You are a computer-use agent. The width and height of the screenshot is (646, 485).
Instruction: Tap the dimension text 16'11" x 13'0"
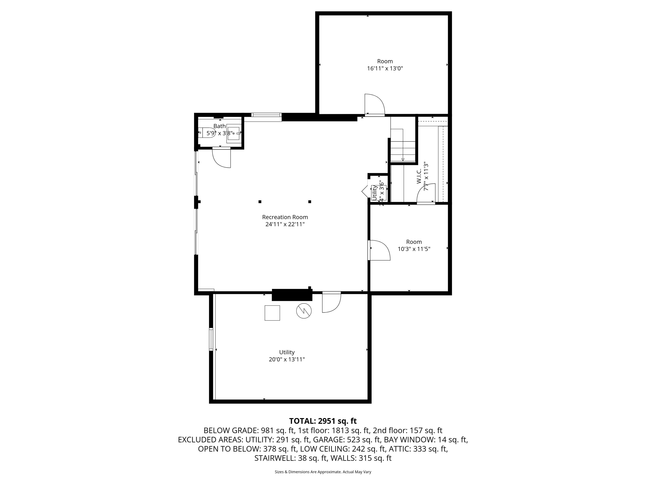[x=385, y=69]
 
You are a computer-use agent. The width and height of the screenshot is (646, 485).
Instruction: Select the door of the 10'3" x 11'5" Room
[x=379, y=250]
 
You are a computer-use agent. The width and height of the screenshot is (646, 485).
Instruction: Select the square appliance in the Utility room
[x=272, y=313]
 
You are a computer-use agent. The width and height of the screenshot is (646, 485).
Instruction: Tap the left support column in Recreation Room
[x=260, y=202]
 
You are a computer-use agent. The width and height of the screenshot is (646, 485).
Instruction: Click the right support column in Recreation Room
[x=310, y=202]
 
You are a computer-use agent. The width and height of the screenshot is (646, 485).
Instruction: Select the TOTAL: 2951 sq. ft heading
[x=323, y=421]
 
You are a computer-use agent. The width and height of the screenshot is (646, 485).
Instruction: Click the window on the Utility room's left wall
[x=211, y=339]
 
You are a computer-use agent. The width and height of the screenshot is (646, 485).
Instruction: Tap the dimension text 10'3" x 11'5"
[x=414, y=249]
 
